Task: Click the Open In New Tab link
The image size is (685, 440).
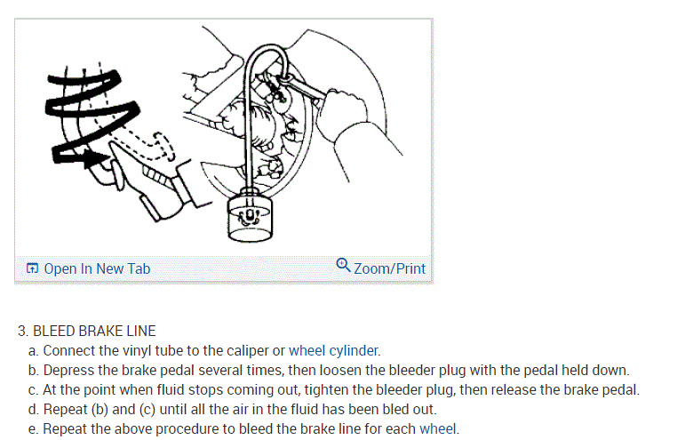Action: [96, 268]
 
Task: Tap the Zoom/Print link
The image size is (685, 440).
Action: [389, 268]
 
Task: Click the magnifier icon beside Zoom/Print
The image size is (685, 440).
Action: [344, 265]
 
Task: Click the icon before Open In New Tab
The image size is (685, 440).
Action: [32, 268]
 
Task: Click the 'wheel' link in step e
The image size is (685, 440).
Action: [439, 429]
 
